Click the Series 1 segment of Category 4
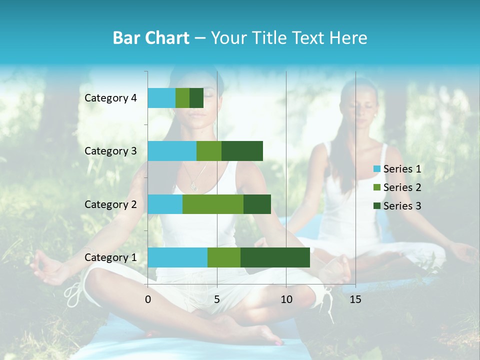161,98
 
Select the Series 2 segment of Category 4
182,98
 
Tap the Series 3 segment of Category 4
196,98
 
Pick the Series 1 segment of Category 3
172,151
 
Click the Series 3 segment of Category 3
242,151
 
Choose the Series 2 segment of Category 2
213,204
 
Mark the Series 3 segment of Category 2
257,204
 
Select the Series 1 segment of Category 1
177,257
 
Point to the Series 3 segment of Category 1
275,257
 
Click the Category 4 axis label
110,98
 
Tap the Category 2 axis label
110,204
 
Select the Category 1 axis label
110,257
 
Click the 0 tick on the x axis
148,299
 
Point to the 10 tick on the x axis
286,299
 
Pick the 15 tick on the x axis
355,299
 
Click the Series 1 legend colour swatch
377,169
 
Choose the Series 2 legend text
402,187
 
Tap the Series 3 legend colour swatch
377,206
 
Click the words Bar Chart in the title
151,38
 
